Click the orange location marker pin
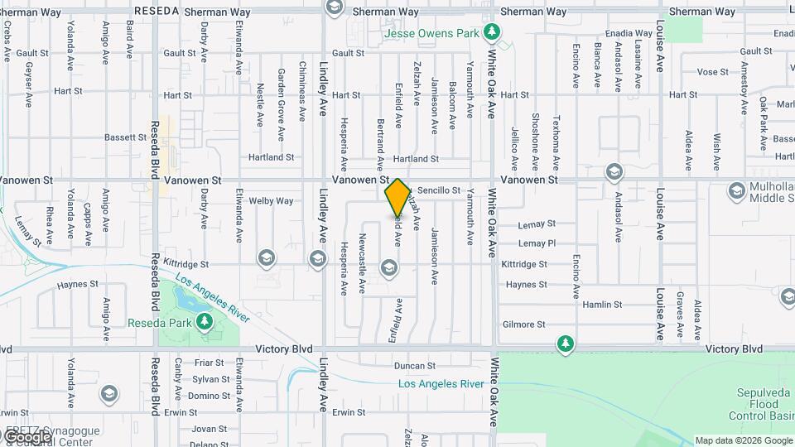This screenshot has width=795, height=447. pyautogui.click(x=398, y=197)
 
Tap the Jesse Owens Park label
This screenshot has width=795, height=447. pyautogui.click(x=431, y=34)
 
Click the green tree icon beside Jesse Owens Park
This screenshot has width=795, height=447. pyautogui.click(x=493, y=32)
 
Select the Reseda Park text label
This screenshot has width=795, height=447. pyautogui.click(x=161, y=322)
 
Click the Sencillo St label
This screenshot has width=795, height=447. pyautogui.click(x=438, y=190)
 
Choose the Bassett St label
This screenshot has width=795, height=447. pyautogui.click(x=126, y=137)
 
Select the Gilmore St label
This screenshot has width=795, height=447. pyautogui.click(x=524, y=324)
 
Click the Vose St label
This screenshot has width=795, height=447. pyautogui.click(x=712, y=72)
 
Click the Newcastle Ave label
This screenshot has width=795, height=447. pyautogui.click(x=362, y=264)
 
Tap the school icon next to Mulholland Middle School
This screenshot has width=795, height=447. pyautogui.click(x=736, y=192)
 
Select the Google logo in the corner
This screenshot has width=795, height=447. pyautogui.click(x=27, y=436)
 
